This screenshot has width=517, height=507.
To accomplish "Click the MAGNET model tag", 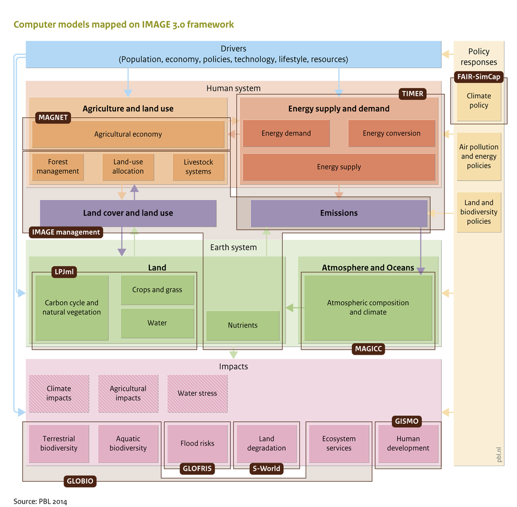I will tap(53, 117).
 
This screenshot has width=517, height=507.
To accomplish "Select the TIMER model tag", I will tap(412, 94).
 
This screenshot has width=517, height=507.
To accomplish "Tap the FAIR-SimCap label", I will tap(479, 77).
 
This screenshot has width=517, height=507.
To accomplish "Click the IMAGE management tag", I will tap(66, 232).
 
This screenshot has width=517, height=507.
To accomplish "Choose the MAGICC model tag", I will tap(368, 348).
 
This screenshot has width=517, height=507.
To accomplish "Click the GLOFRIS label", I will tap(197, 468).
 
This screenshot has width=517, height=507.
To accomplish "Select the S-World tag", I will tap(267, 468).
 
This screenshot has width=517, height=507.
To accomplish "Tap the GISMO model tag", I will tap(407, 421).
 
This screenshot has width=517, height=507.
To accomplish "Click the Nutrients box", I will tap(242, 325).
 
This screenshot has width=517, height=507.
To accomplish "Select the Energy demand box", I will tap(286, 133).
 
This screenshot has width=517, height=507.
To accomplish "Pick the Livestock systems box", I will tap(198, 167).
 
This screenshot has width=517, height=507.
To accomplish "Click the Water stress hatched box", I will tap(197, 394).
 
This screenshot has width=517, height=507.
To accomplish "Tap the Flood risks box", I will tap(197, 443).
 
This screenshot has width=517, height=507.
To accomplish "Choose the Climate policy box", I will tap(479, 101).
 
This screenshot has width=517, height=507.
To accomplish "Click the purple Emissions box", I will tap(339, 213).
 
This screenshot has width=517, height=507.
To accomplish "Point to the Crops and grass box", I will tap(157, 290).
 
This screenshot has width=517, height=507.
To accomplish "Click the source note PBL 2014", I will tap(40, 501).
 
